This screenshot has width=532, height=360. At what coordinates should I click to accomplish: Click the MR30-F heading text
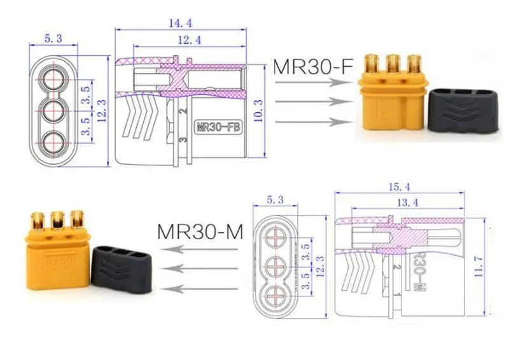(x=312, y=66)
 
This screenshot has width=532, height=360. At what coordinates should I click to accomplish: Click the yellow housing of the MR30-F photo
(x=389, y=102)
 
